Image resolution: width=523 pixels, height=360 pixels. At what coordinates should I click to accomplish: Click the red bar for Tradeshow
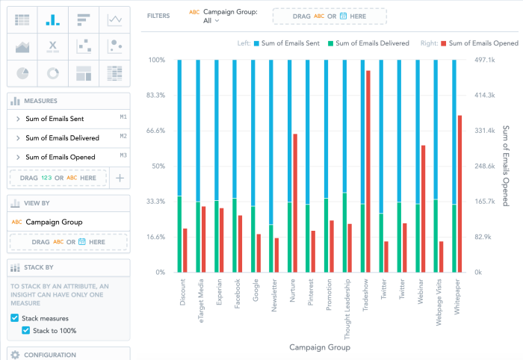click(x=368, y=172)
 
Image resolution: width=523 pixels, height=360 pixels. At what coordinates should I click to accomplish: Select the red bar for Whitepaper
click(x=459, y=194)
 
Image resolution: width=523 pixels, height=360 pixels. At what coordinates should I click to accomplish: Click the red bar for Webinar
click(x=424, y=209)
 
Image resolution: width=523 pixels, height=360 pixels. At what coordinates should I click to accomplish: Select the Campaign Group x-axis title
click(x=319, y=347)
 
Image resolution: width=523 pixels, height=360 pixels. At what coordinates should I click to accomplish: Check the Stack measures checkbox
click(x=16, y=318)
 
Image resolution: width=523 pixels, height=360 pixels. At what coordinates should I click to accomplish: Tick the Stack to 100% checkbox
click(x=25, y=330)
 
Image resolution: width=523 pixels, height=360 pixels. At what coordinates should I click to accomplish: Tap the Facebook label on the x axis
click(x=238, y=291)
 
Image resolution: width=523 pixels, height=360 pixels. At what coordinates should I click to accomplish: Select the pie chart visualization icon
click(x=22, y=73)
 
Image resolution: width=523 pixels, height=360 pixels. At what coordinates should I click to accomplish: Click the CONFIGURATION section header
click(x=50, y=354)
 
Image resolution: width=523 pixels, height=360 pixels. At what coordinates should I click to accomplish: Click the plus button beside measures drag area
click(x=120, y=178)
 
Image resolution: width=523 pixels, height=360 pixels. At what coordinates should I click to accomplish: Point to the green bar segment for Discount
click(x=180, y=235)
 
